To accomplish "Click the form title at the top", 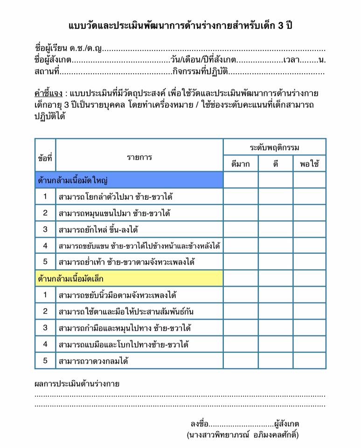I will click(180, 25).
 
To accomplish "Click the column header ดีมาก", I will click(241, 164).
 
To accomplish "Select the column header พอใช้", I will click(309, 164).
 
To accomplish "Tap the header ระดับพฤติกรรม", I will click(274, 147).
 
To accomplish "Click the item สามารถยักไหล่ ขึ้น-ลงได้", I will click(99, 229).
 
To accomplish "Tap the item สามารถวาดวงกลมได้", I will click(93, 361).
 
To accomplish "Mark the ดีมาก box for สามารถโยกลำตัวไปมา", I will click(241, 196).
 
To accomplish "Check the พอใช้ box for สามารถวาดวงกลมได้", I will click(309, 361).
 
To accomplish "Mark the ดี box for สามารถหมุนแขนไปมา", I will click(275, 213).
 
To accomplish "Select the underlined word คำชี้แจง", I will click(49, 92).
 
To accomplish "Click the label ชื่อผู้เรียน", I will click(51, 49).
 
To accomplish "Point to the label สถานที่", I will click(47, 71).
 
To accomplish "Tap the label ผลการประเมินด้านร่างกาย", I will click(77, 384).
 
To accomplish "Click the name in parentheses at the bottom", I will click(242, 435).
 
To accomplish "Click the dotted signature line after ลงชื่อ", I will click(241, 425).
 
